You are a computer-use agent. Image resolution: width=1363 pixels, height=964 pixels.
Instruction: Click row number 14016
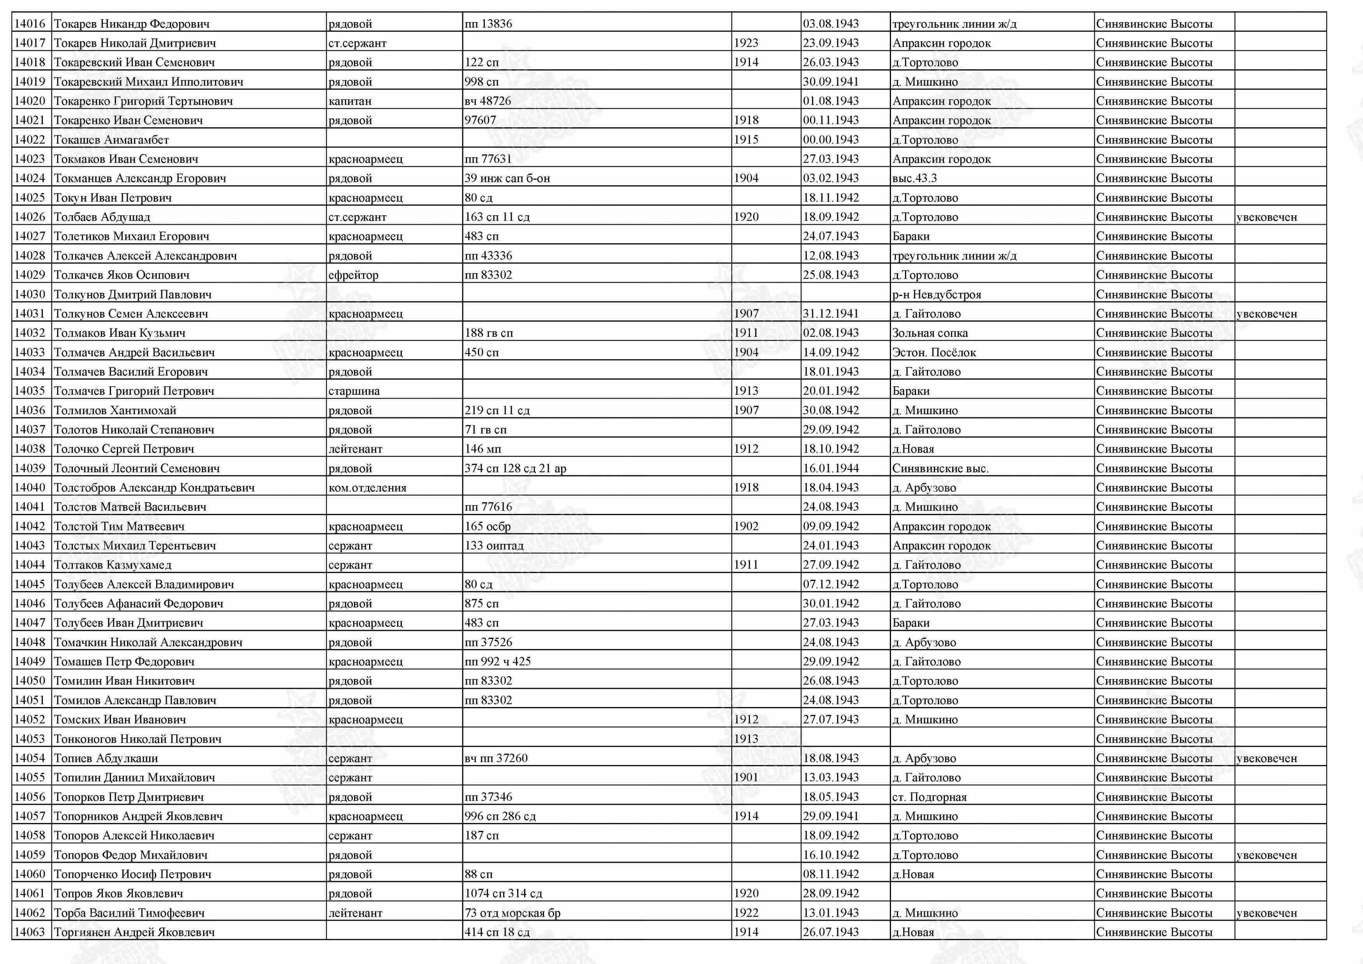[x=30, y=24]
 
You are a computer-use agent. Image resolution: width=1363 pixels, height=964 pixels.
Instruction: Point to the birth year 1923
[x=746, y=43]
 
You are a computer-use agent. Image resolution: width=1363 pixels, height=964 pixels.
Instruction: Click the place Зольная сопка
[x=930, y=333]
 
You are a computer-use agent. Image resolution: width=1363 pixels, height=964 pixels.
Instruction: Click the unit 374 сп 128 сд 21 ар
[x=515, y=468]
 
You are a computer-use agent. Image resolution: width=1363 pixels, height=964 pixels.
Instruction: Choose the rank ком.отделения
[x=368, y=488]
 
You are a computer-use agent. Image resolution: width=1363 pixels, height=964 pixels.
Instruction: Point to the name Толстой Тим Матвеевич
[x=119, y=526]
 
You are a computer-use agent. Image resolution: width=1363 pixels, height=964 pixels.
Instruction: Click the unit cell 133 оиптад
[x=494, y=545]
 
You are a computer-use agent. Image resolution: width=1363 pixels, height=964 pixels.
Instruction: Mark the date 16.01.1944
[x=831, y=468]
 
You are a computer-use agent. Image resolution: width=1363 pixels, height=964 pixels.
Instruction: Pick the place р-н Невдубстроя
[x=936, y=294]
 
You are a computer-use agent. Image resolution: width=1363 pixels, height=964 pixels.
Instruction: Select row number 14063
[x=30, y=932]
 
